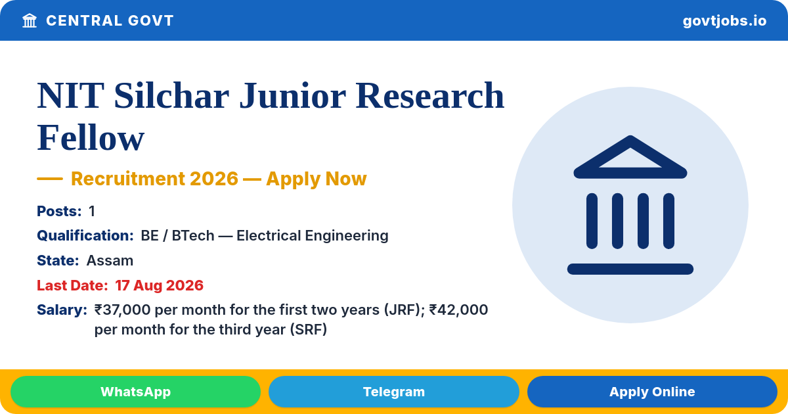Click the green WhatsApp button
[x=135, y=392]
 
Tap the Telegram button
[x=393, y=392]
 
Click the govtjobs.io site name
[x=724, y=21]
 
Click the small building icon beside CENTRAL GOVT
[x=30, y=20]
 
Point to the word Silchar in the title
[x=171, y=95]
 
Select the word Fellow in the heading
[x=91, y=137]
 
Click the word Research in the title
[x=430, y=95]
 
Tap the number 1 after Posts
[x=92, y=211]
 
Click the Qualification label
[x=85, y=235]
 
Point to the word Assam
[x=110, y=260]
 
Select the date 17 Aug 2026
[x=160, y=285]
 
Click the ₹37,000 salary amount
[x=122, y=310]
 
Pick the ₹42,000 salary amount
[x=458, y=310]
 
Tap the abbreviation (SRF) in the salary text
[x=309, y=329]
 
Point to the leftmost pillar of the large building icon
[x=592, y=221]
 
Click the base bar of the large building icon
[x=630, y=269]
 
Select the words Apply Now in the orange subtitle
[x=317, y=179]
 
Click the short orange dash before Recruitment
[x=50, y=179]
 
